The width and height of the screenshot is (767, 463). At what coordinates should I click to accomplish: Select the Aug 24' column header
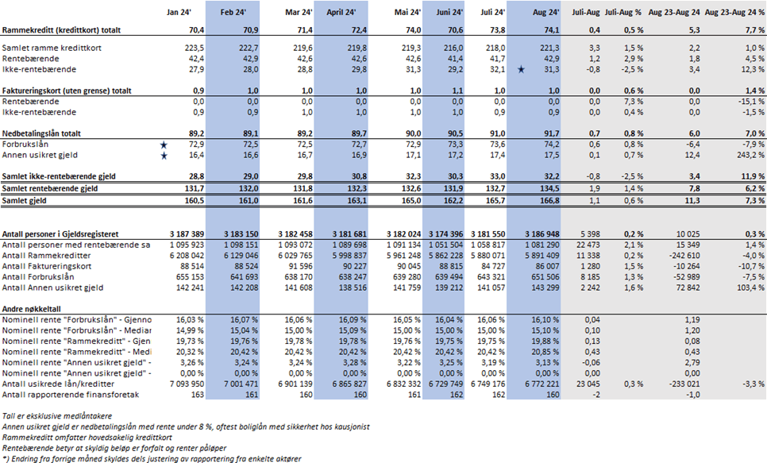coord(548,13)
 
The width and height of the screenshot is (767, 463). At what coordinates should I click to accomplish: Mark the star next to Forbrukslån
coord(164,144)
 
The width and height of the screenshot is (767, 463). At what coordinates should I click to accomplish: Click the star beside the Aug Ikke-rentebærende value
coord(521,70)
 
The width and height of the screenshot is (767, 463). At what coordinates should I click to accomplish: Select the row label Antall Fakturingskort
coord(47,268)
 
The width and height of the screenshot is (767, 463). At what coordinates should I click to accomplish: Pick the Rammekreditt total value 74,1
coord(548,29)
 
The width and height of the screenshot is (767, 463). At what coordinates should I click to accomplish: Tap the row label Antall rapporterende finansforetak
coord(71,395)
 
